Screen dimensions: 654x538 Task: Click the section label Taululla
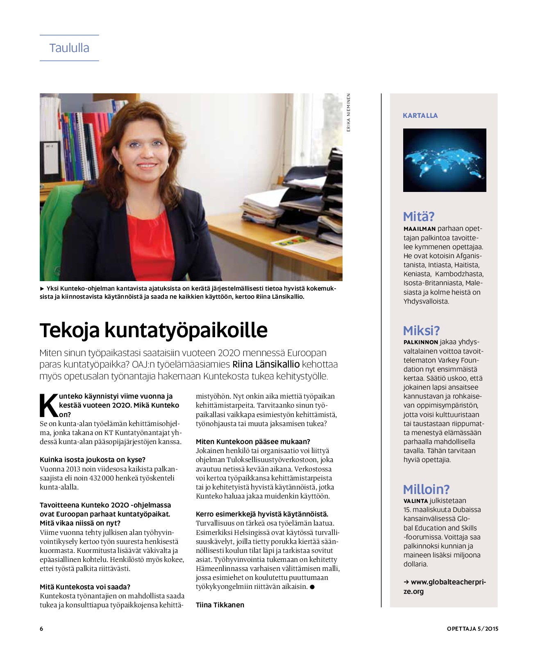[x=69, y=48]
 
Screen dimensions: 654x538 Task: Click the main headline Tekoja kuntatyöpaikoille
[x=153, y=330]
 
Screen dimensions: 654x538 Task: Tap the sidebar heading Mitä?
[x=418, y=216]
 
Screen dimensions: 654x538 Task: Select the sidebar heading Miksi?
[x=421, y=330]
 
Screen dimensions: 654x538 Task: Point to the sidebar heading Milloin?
[x=426, y=489]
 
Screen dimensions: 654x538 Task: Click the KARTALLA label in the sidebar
[x=420, y=115]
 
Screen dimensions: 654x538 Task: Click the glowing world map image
[x=445, y=160]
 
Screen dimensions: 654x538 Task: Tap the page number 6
[x=41, y=629]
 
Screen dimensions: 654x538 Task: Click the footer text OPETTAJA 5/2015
[x=472, y=629]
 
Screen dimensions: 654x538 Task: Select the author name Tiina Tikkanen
[x=220, y=604]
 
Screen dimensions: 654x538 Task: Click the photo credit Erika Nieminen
[x=349, y=113]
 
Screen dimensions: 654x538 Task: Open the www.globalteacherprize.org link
[x=444, y=586]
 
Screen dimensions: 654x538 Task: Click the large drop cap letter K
[x=49, y=405]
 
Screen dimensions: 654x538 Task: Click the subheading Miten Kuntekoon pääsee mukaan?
[x=253, y=441]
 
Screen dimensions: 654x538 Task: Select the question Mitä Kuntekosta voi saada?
[x=85, y=586]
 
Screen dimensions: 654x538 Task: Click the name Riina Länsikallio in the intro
[x=266, y=364]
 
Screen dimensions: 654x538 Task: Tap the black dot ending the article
[x=312, y=587]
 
